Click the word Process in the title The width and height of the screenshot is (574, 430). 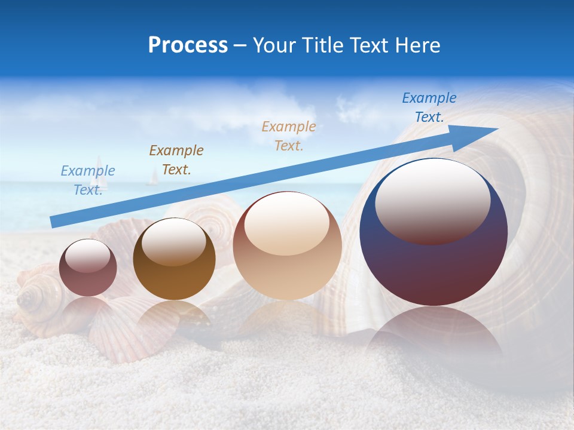point(188,45)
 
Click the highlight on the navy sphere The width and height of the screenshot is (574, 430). point(432,200)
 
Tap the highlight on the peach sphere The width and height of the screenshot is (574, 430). point(286,223)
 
